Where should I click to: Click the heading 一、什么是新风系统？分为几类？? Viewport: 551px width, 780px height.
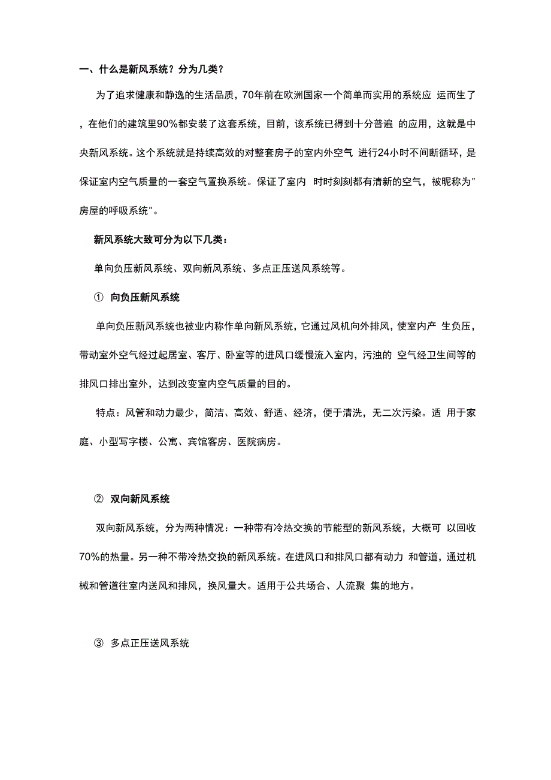point(151,69)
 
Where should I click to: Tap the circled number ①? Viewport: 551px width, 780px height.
point(99,297)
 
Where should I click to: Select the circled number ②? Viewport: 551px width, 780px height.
point(99,499)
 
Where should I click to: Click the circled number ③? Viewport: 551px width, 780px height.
point(99,643)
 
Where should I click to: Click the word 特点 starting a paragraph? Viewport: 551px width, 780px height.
point(107,413)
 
